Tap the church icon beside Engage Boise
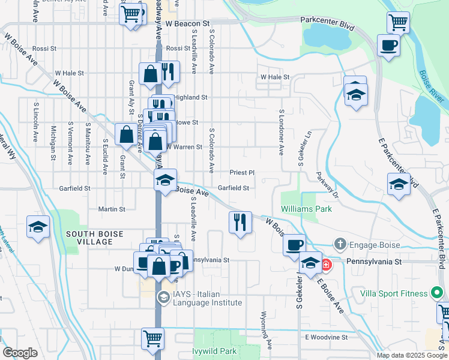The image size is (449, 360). tap(340, 244)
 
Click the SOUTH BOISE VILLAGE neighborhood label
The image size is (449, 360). tap(89, 238)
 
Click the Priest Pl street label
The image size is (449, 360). tap(242, 172)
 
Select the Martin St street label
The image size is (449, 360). tap(112, 209)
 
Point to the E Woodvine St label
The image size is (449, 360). tap(326, 338)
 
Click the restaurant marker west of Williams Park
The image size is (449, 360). tap(240, 222)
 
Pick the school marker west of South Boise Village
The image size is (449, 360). tap(38, 227)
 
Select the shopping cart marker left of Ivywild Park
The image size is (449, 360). tap(153, 338)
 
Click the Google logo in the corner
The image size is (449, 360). tap(20, 353)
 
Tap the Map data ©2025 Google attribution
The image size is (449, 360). tap(411, 355)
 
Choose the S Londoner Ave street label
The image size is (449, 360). tap(280, 133)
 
